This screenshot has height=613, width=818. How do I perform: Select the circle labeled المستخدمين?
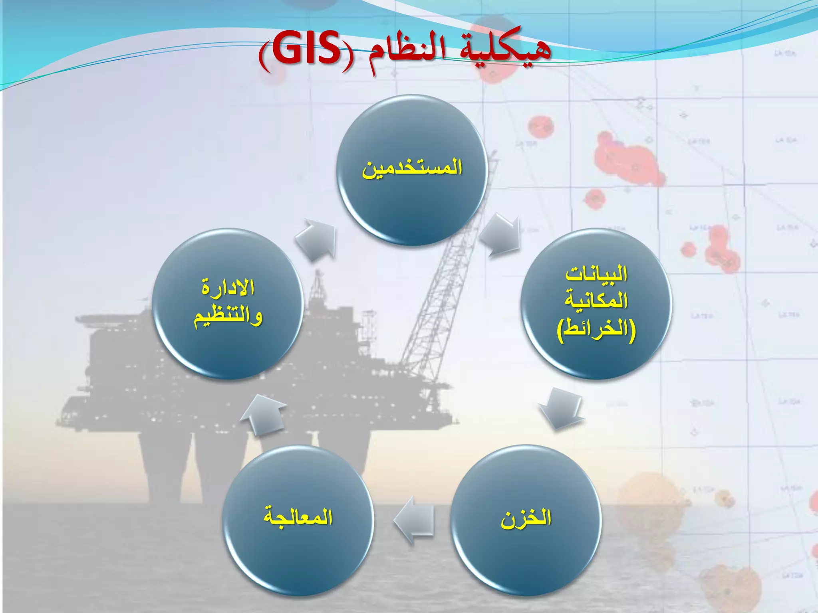pos(412,170)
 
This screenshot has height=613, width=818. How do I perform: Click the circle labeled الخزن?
pos(526,519)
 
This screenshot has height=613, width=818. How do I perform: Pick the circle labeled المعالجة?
pos(298,519)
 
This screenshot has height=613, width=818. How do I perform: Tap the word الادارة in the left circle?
pos(228,287)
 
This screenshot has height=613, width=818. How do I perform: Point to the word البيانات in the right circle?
pos(596,275)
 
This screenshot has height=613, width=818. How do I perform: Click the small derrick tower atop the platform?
pos(318,287)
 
